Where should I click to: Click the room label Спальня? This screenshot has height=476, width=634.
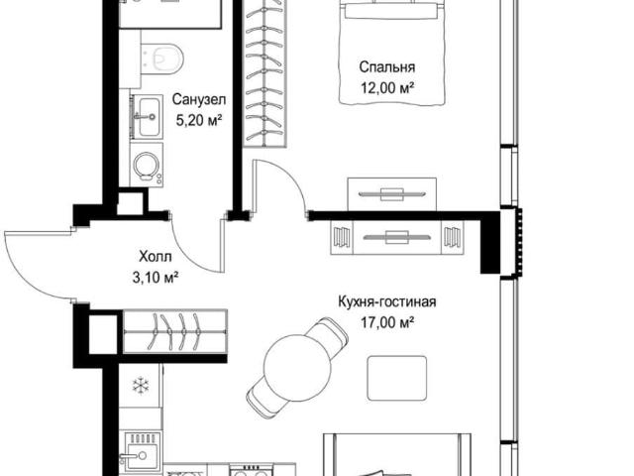tap(387, 66)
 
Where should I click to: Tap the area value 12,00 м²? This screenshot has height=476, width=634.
tap(387, 87)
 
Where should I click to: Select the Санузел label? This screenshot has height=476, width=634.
tap(198, 99)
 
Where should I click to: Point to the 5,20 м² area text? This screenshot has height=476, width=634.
tap(198, 120)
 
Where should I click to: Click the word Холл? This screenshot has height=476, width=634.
tap(156, 256)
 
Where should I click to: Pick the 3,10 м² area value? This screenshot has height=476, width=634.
tap(156, 278)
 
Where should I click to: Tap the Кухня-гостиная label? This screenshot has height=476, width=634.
tap(387, 301)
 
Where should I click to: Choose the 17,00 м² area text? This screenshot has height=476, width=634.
tap(387, 323)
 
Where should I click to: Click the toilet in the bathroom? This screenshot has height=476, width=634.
tap(161, 59)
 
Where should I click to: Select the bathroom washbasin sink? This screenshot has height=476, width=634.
tap(148, 116)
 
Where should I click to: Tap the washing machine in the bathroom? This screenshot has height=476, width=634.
tap(147, 165)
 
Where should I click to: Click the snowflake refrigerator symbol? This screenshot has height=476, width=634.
tap(141, 385)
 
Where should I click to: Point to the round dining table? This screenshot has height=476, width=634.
tap(297, 368)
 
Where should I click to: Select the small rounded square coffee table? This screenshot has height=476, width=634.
tap(397, 378)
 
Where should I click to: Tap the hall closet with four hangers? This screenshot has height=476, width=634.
tap(174, 331)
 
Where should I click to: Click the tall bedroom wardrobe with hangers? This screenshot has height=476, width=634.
tap(265, 72)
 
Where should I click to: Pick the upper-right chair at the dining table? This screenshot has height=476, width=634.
tap(328, 335)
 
